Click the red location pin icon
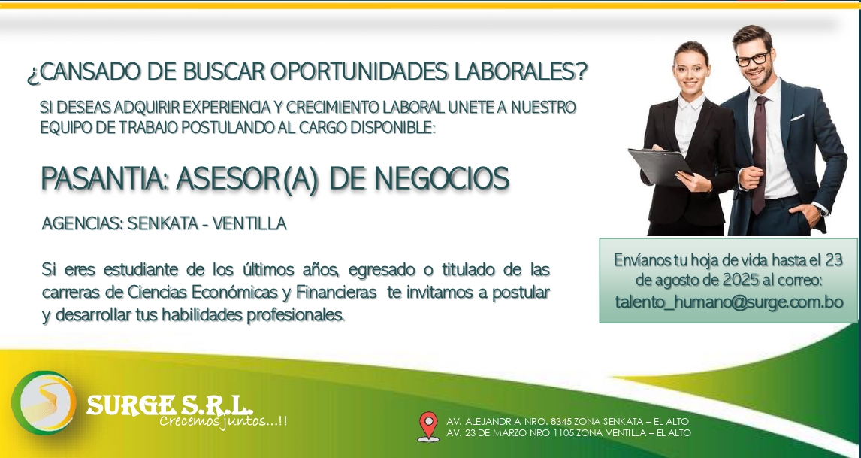pyautogui.click(x=427, y=426)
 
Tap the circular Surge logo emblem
pyautogui.click(x=44, y=403)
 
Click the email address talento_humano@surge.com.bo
pyautogui.click(x=729, y=302)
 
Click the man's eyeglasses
pyautogui.click(x=752, y=59)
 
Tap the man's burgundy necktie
pyautogui.click(x=760, y=155)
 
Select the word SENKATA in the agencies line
pyautogui.click(x=162, y=224)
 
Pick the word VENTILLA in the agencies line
pyautogui.click(x=249, y=224)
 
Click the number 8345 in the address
pyautogui.click(x=560, y=422)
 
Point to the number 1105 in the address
pyautogui.click(x=563, y=432)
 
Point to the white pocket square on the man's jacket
pyautogui.click(x=796, y=117)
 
